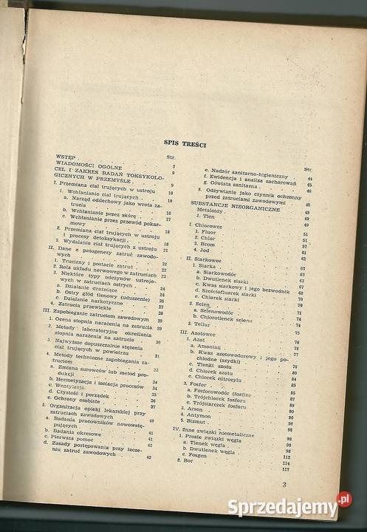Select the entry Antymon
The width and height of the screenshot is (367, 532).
click(207, 415)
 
